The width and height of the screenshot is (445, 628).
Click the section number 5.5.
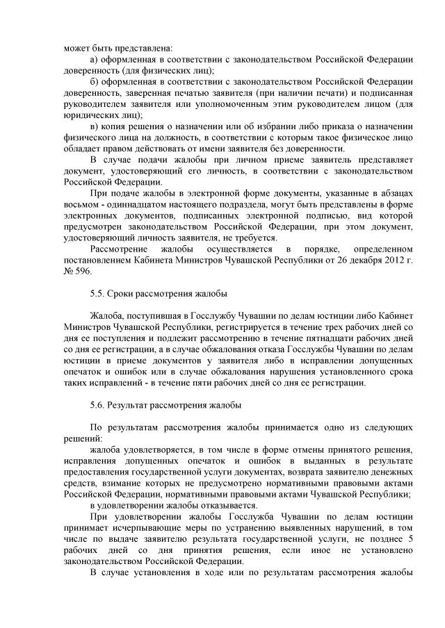[98, 292]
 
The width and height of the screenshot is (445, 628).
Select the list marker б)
[96, 81]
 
